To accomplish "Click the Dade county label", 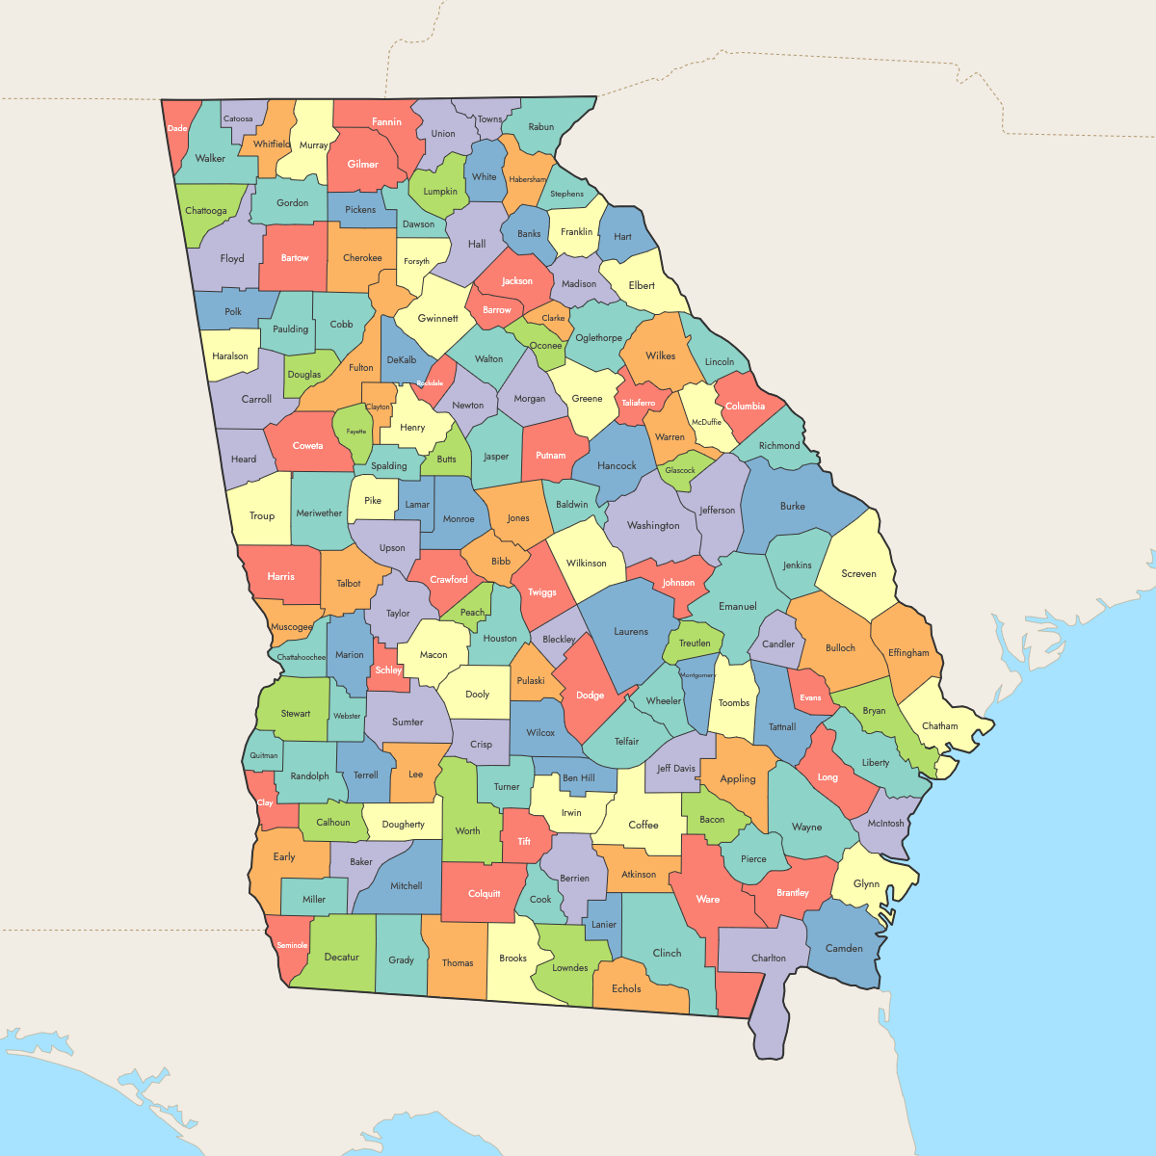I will [x=177, y=128].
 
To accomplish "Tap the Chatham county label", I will [x=939, y=726].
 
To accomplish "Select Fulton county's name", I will [x=361, y=368].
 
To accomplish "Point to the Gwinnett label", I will [x=438, y=319].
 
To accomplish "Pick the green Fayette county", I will [x=355, y=433].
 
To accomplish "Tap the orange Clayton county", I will [x=378, y=407].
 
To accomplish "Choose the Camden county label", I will [x=844, y=949].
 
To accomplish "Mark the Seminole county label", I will [x=292, y=946].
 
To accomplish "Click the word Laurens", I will [x=631, y=632].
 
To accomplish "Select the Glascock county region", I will [x=680, y=470].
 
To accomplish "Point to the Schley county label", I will [x=388, y=670].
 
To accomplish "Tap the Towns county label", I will [x=489, y=119].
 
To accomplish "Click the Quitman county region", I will [x=263, y=755].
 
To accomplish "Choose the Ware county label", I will [x=708, y=900].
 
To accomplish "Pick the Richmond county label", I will [x=779, y=446].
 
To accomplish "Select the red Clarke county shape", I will [x=553, y=318].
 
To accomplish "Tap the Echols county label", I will [x=626, y=989].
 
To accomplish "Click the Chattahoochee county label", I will [x=302, y=658].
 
